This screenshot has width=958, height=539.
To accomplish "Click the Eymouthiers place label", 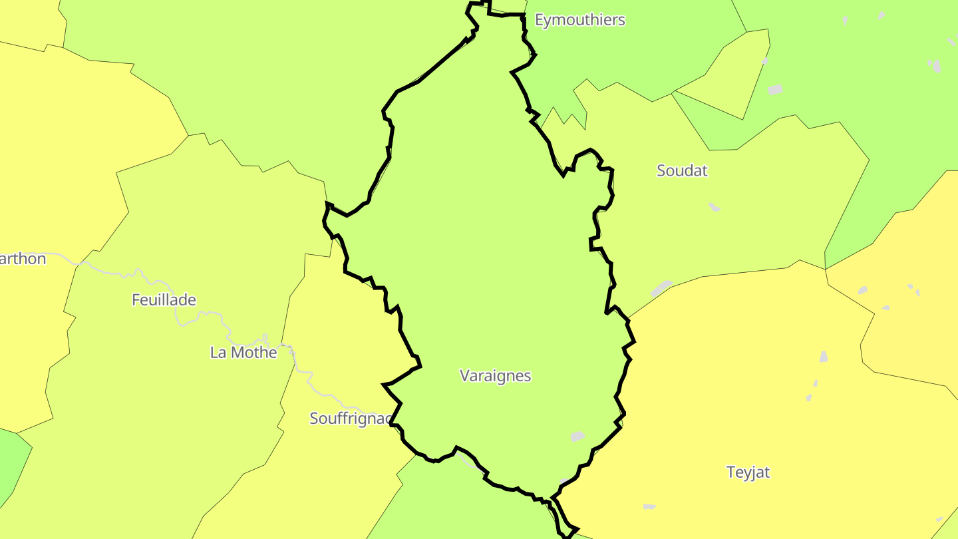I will pyautogui.click(x=579, y=20).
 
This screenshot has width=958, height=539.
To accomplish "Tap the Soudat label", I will pyautogui.click(x=682, y=170).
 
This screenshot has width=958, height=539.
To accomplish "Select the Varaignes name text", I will pyautogui.click(x=495, y=376).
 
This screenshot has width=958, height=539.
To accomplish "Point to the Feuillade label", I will pyautogui.click(x=164, y=300).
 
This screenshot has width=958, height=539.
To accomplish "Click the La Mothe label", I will pyautogui.click(x=243, y=353).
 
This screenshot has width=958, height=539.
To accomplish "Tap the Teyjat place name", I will pyautogui.click(x=748, y=472).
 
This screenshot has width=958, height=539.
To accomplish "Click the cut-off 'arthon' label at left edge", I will pyautogui.click(x=23, y=259).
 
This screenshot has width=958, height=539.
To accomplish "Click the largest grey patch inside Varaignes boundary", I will pyautogui.click(x=577, y=437).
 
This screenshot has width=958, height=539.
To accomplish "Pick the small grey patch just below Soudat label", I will pyautogui.click(x=714, y=207).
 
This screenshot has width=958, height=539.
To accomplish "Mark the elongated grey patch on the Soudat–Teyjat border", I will pyautogui.click(x=661, y=288).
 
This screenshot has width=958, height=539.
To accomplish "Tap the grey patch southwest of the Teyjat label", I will pyautogui.click(x=649, y=507).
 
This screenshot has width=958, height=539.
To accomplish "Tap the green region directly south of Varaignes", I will pyautogui.click(x=452, y=506).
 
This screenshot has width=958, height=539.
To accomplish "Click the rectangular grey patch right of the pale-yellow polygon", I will pyautogui.click(x=775, y=89).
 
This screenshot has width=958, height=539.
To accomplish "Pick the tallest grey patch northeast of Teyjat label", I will pyautogui.click(x=824, y=357).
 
